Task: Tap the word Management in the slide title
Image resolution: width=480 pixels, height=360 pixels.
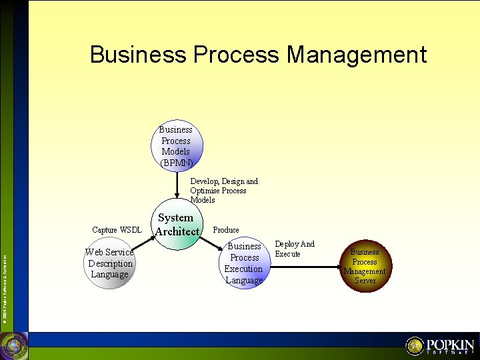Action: coord(357,54)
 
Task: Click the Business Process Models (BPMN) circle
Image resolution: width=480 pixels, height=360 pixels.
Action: coord(177,146)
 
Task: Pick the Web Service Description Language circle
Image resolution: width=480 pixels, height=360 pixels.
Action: coord(110,263)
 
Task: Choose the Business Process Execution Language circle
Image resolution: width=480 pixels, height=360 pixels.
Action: coord(244,263)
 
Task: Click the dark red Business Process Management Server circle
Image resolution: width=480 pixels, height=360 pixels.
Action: coord(365,266)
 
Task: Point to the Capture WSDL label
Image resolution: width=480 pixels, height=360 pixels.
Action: coord(117,230)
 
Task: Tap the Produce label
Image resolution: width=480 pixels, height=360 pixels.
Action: coord(226,230)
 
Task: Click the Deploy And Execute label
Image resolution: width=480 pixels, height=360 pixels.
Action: coord(294,249)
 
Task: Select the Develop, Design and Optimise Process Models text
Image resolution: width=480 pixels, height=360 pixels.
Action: coord(223,191)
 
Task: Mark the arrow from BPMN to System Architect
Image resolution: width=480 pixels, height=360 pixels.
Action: coord(177,185)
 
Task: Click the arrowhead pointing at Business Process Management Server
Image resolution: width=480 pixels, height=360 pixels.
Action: coord(337,267)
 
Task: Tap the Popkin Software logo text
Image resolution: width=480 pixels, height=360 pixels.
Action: coord(450,347)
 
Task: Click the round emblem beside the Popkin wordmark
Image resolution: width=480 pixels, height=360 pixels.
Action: coord(415,346)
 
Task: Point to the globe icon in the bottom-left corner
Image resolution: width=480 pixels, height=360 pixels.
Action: coord(13,345)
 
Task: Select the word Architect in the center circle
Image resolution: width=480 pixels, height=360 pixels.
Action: coord(177,231)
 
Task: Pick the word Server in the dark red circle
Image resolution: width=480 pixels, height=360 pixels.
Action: coord(365,281)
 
